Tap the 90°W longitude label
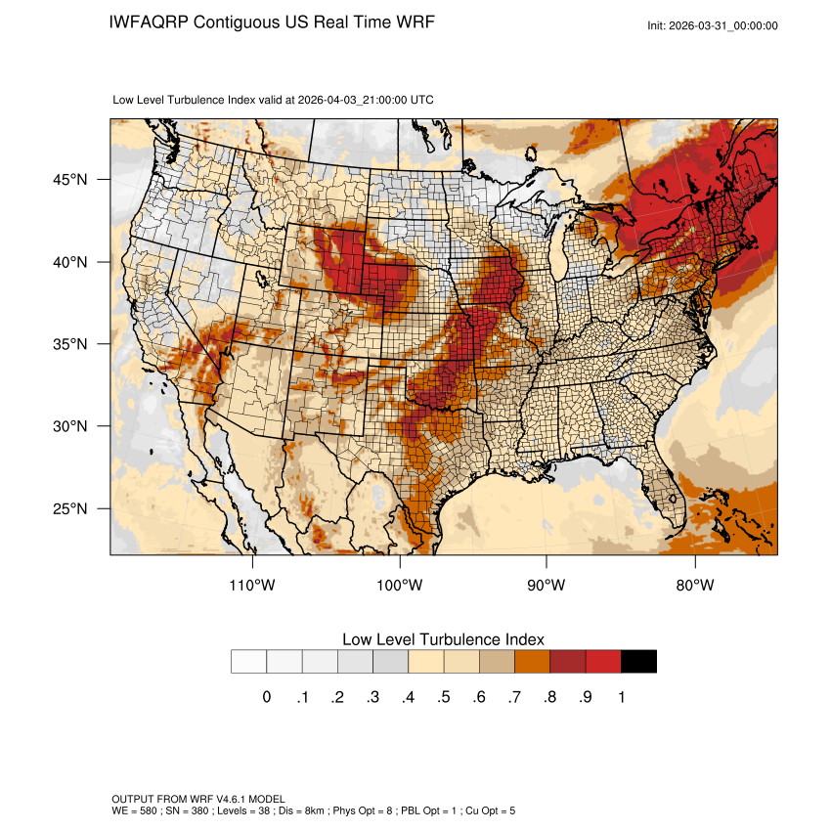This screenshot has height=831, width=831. click(547, 586)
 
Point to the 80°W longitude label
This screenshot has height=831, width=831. click(694, 586)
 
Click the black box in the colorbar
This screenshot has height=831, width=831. click(638, 661)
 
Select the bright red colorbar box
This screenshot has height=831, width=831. click(603, 661)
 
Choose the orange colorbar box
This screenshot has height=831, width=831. click(532, 661)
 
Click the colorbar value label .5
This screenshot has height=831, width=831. click(444, 697)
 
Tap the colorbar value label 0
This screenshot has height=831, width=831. click(266, 697)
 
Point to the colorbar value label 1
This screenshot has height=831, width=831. click(622, 697)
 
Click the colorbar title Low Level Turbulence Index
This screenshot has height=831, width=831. click(443, 638)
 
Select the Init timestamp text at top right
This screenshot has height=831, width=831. click(713, 25)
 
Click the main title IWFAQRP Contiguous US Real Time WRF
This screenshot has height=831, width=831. click(272, 22)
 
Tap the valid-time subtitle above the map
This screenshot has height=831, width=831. click(274, 100)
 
